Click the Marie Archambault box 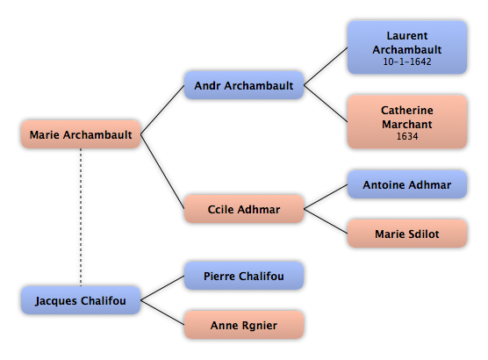(81, 134)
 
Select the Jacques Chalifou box (81, 300)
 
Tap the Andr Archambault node (244, 85)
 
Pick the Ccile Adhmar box (244, 209)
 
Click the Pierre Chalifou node (244, 276)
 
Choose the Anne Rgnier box (244, 325)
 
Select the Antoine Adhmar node (407, 184)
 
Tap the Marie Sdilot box (407, 234)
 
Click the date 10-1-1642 (407, 61)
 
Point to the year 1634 (407, 136)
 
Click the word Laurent (407, 35)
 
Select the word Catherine (407, 111)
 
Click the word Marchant (407, 125)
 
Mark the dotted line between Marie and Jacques (81, 218)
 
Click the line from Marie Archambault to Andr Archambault (162, 110)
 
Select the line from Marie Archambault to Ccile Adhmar (162, 171)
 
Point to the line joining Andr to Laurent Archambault (326, 67)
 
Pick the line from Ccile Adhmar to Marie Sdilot (326, 221)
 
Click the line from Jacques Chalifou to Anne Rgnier (162, 313)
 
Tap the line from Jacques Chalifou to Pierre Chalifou (162, 288)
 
